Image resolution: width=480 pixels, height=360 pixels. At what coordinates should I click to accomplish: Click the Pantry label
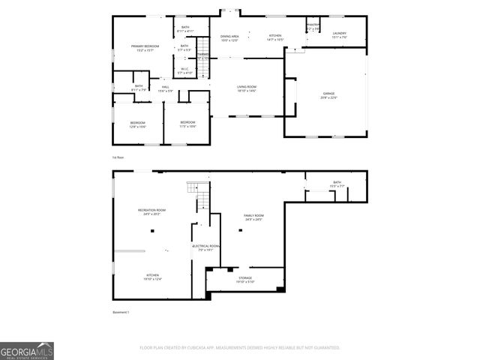pos(313,26)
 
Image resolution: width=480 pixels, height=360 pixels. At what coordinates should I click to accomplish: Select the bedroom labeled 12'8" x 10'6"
pos(137,124)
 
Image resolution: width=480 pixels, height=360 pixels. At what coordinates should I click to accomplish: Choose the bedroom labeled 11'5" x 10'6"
pos(187,124)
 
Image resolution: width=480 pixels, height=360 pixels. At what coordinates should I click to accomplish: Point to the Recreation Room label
pos(151,211)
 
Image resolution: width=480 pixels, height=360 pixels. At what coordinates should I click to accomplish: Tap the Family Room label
pos(253,217)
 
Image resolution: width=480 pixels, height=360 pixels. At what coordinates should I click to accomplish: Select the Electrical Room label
pos(205,247)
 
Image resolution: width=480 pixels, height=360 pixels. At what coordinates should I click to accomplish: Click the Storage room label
pos(246,280)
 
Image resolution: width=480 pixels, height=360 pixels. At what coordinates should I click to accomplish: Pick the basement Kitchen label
pos(152,277)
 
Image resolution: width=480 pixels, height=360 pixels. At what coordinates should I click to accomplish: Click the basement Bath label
pos(337,184)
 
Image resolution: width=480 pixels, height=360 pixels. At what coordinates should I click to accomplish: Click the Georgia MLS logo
pos(27,351)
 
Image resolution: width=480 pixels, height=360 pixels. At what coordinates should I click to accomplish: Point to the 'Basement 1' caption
pos(121,312)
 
